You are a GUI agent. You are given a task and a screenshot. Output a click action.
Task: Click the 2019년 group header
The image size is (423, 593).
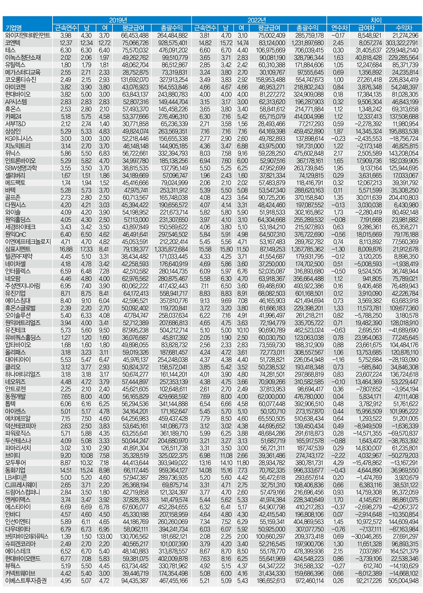(122, 20)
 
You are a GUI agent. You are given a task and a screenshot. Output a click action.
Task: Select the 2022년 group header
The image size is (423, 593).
(259, 20)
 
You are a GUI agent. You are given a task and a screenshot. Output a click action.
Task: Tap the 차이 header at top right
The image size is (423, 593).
(375, 20)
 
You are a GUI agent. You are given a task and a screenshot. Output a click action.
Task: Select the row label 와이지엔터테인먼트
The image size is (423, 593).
(28, 35)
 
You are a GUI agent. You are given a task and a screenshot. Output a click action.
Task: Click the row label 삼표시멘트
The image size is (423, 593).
(18, 249)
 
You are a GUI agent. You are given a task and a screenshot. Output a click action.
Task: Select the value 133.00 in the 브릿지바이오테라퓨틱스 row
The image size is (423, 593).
(104, 536)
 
